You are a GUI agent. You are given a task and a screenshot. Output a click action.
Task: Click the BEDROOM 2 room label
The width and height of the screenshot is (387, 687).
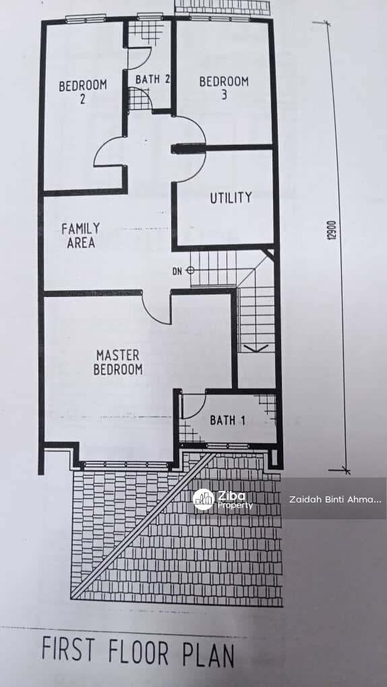pos(82,92)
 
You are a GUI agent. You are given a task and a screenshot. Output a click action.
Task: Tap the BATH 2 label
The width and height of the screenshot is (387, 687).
pos(152,79)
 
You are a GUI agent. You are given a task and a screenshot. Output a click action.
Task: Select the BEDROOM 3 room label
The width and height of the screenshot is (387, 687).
pos(224,88)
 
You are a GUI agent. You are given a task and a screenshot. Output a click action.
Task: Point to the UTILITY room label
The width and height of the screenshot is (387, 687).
pos(231,197)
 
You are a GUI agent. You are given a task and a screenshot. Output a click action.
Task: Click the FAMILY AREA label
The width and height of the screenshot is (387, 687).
pos(81,236)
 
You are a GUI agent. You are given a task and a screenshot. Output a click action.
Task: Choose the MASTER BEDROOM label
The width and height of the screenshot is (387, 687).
pos(118,362)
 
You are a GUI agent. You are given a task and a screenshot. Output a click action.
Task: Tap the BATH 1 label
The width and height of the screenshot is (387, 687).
pos(227,420)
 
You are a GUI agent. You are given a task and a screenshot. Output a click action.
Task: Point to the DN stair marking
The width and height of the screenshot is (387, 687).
pos(177,271)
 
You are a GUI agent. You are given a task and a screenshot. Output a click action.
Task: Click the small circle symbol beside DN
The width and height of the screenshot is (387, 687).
pos(189,270)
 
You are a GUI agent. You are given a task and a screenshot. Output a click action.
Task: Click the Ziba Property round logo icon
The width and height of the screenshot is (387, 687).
pos(204,500)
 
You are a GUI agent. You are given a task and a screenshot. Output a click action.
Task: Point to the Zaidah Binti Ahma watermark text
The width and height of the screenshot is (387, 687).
pos(335,500)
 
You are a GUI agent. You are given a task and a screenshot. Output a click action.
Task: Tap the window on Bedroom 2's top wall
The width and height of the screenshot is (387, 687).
pos(86,19)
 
